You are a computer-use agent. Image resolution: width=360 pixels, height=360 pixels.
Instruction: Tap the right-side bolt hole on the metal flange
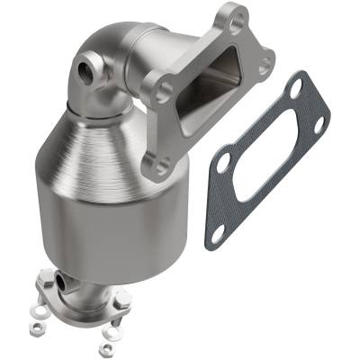[265, 66]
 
